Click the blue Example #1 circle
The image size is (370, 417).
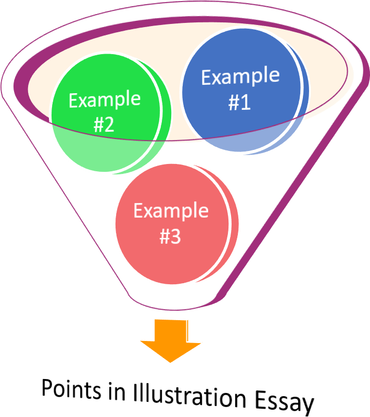240,89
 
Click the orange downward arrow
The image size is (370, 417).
171,341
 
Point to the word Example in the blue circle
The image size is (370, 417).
240,77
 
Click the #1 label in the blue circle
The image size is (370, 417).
239,103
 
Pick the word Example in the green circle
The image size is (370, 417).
105,99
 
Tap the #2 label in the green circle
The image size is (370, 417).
104,125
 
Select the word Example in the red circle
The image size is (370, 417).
171,211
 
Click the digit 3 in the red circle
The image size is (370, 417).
176,237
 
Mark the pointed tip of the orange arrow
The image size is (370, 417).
171,362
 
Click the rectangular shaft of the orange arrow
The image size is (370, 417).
171,329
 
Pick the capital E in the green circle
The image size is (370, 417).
73,100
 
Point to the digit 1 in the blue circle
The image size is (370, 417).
245,103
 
